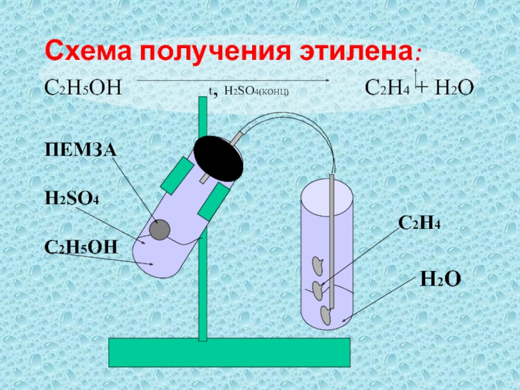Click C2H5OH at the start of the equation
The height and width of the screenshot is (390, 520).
(83, 87)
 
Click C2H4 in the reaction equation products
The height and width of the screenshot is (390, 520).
(387, 87)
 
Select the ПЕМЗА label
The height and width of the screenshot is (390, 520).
(79, 150)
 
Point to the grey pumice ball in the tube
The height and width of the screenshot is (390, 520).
(159, 229)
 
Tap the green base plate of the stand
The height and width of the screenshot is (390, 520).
(229, 352)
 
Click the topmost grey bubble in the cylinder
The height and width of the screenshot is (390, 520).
(317, 264)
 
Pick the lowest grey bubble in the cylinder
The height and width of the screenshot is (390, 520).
(325, 314)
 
